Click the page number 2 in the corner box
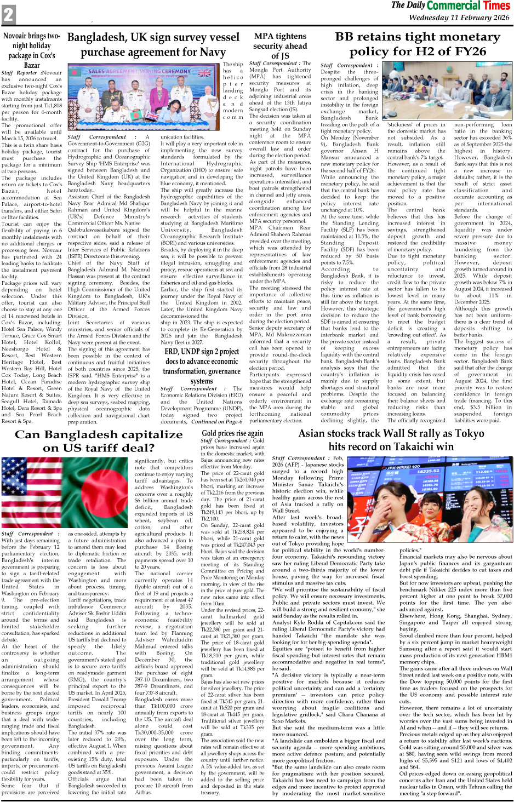point(8,15)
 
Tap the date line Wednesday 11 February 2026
point(459,18)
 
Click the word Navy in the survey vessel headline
point(212,53)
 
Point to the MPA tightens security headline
point(279,45)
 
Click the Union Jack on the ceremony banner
point(205,73)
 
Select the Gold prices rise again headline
point(232,433)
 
